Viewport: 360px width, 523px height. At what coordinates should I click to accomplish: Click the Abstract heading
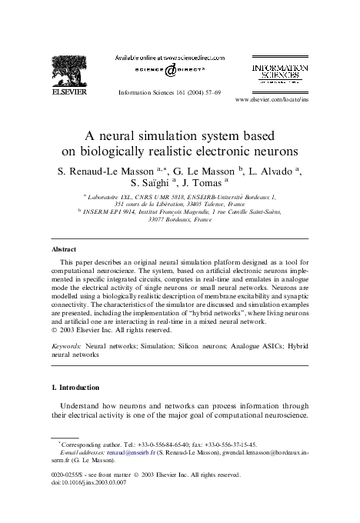click(63, 250)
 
